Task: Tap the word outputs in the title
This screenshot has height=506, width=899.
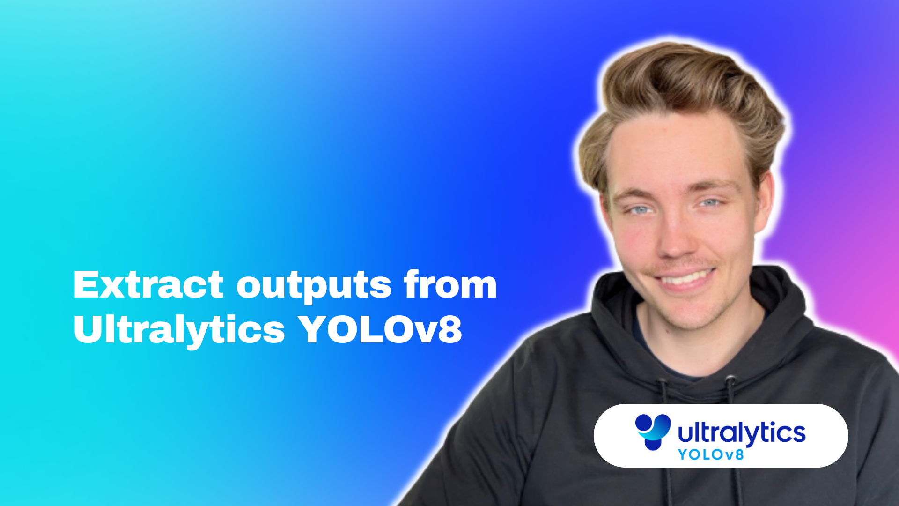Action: (x=314, y=286)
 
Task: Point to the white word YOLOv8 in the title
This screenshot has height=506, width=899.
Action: (x=380, y=329)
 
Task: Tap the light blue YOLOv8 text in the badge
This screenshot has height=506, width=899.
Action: (x=711, y=454)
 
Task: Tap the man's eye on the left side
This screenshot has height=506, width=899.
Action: (x=640, y=210)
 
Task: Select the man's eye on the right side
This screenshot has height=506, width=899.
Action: (x=709, y=203)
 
